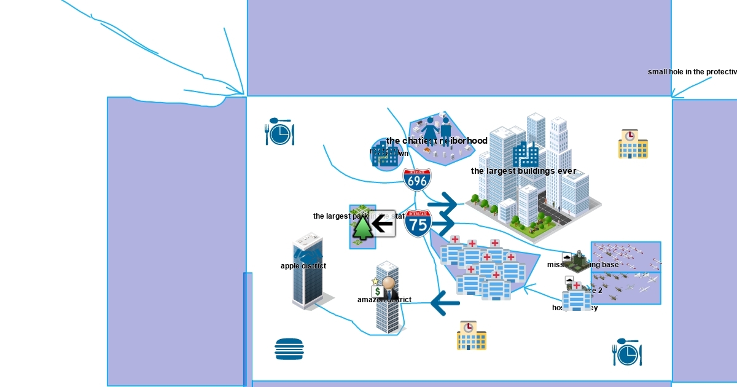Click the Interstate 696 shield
click(417, 179)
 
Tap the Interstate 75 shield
click(418, 224)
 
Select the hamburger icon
click(289, 349)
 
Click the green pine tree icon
click(362, 227)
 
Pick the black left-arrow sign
click(383, 224)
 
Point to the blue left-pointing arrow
click(445, 303)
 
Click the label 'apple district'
click(303, 266)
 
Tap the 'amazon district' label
click(384, 300)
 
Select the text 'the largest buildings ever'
click(523, 171)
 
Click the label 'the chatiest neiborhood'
click(437, 141)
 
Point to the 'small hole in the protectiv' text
click(692, 72)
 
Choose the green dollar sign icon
click(378, 291)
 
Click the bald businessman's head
click(388, 283)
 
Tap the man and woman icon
click(437, 131)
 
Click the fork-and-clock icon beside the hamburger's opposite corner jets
click(626, 353)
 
